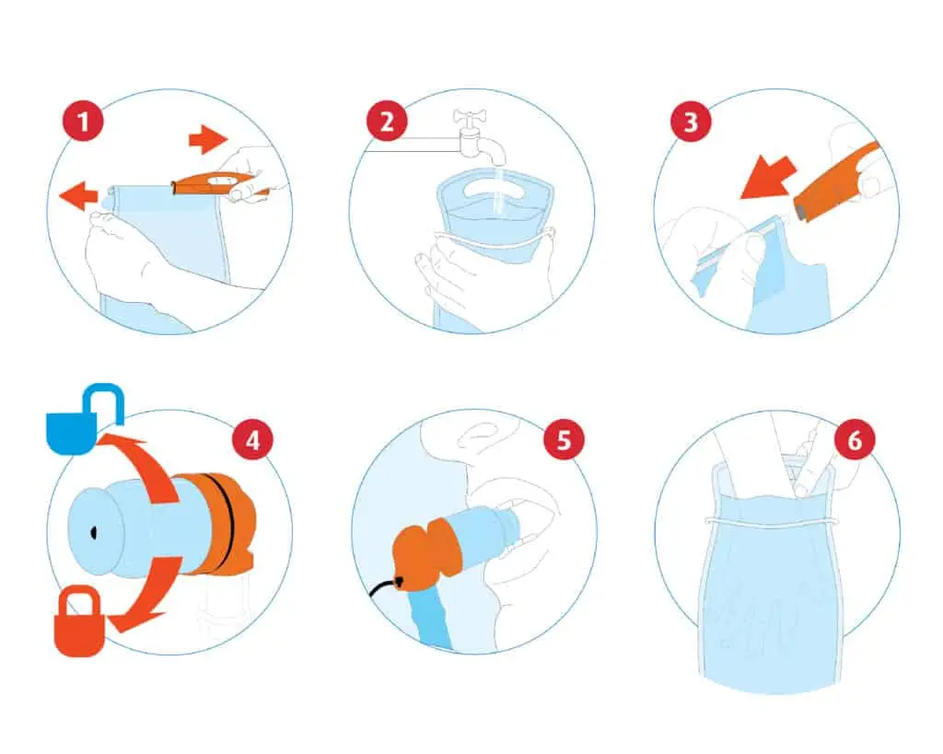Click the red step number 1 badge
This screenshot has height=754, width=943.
point(83,122)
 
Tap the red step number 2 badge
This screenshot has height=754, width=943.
point(387,122)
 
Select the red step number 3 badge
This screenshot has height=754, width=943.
point(691,122)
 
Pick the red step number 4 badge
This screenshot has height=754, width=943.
point(252,440)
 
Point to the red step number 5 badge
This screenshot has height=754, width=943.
point(564,440)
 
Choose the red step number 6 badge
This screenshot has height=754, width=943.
point(855,440)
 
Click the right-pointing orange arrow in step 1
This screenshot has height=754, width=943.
point(208,140)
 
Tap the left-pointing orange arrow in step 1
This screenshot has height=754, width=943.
point(78,195)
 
